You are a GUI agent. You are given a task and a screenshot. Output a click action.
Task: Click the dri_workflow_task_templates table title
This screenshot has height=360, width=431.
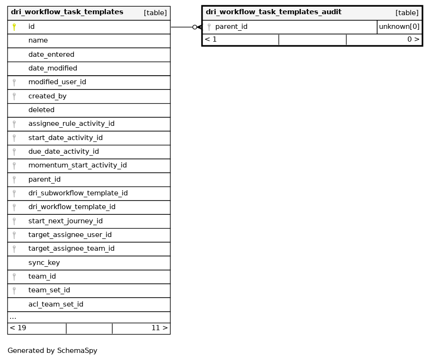point(67,12)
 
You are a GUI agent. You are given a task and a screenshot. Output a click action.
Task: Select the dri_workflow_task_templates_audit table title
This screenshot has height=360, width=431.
point(273,12)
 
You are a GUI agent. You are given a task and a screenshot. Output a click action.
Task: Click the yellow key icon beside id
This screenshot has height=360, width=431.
point(14,27)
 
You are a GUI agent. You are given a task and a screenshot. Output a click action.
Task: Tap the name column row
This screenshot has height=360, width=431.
point(38,41)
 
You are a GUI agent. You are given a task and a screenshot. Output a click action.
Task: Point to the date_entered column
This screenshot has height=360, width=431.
point(51,54)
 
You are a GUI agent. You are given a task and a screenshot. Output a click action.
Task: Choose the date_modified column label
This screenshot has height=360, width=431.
point(53,68)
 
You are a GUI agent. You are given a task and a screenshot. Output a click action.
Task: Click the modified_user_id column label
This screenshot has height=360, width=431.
point(57,82)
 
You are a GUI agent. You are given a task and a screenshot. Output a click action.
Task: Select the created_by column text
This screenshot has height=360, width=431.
point(47,96)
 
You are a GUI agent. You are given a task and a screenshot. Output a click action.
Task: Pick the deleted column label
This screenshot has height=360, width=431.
point(41,110)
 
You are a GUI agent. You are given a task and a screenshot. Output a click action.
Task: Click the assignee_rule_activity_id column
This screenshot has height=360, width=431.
point(71,124)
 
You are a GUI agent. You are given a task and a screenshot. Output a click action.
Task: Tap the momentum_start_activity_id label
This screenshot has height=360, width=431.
point(77,166)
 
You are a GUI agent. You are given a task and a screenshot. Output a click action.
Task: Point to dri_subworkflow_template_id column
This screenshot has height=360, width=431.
point(78,193)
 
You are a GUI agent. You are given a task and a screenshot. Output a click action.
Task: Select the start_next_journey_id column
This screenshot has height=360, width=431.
point(65,221)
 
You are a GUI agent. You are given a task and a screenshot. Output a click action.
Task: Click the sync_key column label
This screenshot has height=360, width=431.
point(44,263)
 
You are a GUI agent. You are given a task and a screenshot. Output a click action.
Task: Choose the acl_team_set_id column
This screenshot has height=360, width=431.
point(55,304)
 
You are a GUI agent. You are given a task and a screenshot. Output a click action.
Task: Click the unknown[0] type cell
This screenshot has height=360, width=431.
point(399,27)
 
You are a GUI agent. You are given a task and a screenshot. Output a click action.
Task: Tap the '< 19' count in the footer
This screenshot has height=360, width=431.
point(18,328)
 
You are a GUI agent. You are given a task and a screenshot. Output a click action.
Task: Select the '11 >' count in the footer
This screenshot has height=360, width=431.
point(159,328)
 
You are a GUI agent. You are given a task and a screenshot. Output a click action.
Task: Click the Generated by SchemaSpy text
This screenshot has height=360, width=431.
point(52,351)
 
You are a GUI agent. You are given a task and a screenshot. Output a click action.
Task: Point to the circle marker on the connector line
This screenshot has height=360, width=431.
point(194,27)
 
